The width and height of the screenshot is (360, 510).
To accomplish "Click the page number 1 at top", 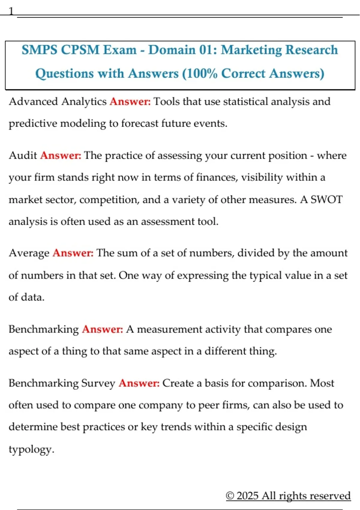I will click(x=11, y=11).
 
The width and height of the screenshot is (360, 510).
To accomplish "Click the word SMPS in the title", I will click(x=39, y=50).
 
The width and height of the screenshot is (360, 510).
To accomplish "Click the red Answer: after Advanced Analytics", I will click(x=130, y=102).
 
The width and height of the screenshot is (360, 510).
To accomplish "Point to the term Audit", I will click(x=23, y=155).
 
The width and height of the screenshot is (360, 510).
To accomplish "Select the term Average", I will click(x=29, y=253).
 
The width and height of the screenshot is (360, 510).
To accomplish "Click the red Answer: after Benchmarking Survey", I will click(x=139, y=383).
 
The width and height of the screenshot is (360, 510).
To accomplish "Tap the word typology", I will click(x=31, y=449).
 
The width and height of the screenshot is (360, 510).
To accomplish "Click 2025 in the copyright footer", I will click(x=247, y=496).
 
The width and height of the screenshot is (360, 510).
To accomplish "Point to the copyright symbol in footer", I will click(x=230, y=496).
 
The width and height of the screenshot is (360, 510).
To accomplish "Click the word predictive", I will click(x=33, y=123).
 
